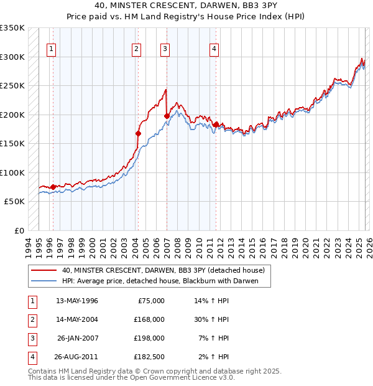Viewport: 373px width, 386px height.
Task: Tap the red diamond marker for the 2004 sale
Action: point(138,133)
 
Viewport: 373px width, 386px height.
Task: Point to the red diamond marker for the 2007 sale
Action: point(167,116)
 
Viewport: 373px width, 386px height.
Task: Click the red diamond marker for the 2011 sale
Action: point(216,125)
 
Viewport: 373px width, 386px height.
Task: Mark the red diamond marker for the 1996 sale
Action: point(53,187)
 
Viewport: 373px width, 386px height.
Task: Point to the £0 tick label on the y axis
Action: point(19,231)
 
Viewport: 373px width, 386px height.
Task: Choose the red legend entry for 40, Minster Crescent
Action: point(163,270)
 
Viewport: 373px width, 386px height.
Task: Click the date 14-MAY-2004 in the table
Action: point(76,319)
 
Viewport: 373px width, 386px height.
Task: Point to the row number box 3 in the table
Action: point(31,338)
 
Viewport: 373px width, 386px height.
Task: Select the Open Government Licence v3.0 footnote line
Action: point(132,377)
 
